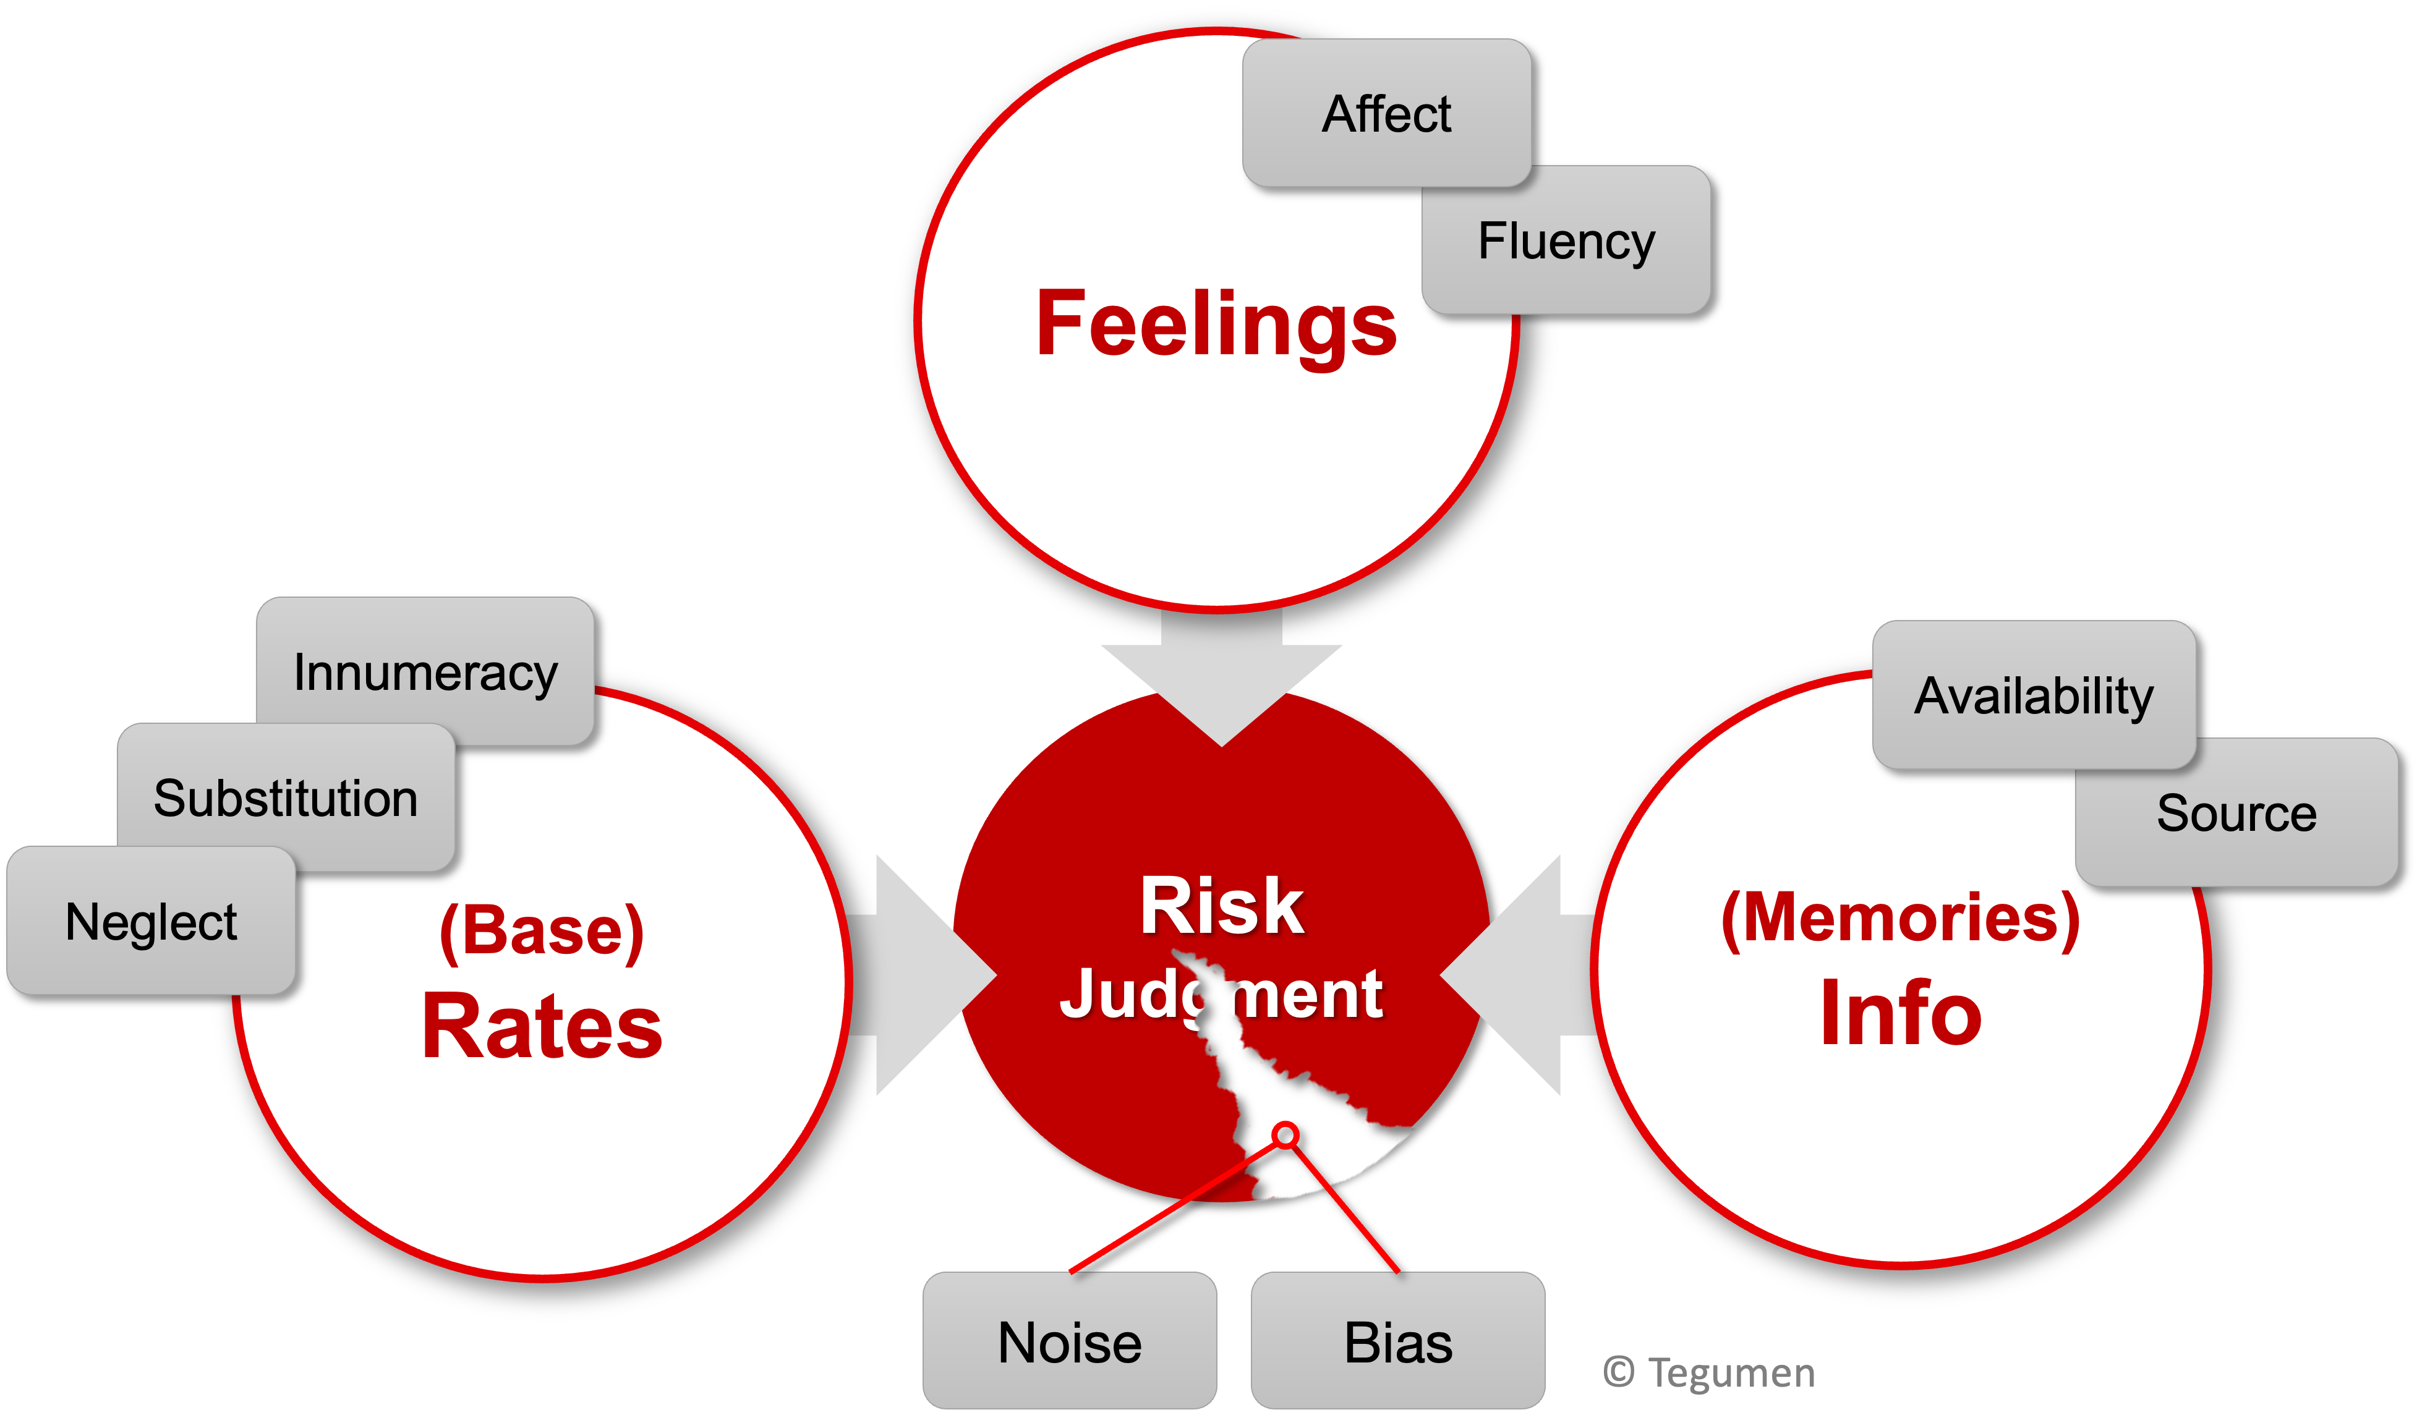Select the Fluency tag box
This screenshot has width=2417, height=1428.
(x=1566, y=240)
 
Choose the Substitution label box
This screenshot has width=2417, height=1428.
(x=285, y=797)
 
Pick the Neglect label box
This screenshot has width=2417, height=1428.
(x=150, y=921)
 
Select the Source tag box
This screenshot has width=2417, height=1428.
(x=2236, y=813)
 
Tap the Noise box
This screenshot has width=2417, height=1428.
(x=1069, y=1341)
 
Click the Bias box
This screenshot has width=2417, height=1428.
(x=1397, y=1341)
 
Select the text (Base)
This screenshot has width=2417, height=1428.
(x=542, y=930)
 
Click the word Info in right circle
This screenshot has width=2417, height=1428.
(x=1899, y=1013)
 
